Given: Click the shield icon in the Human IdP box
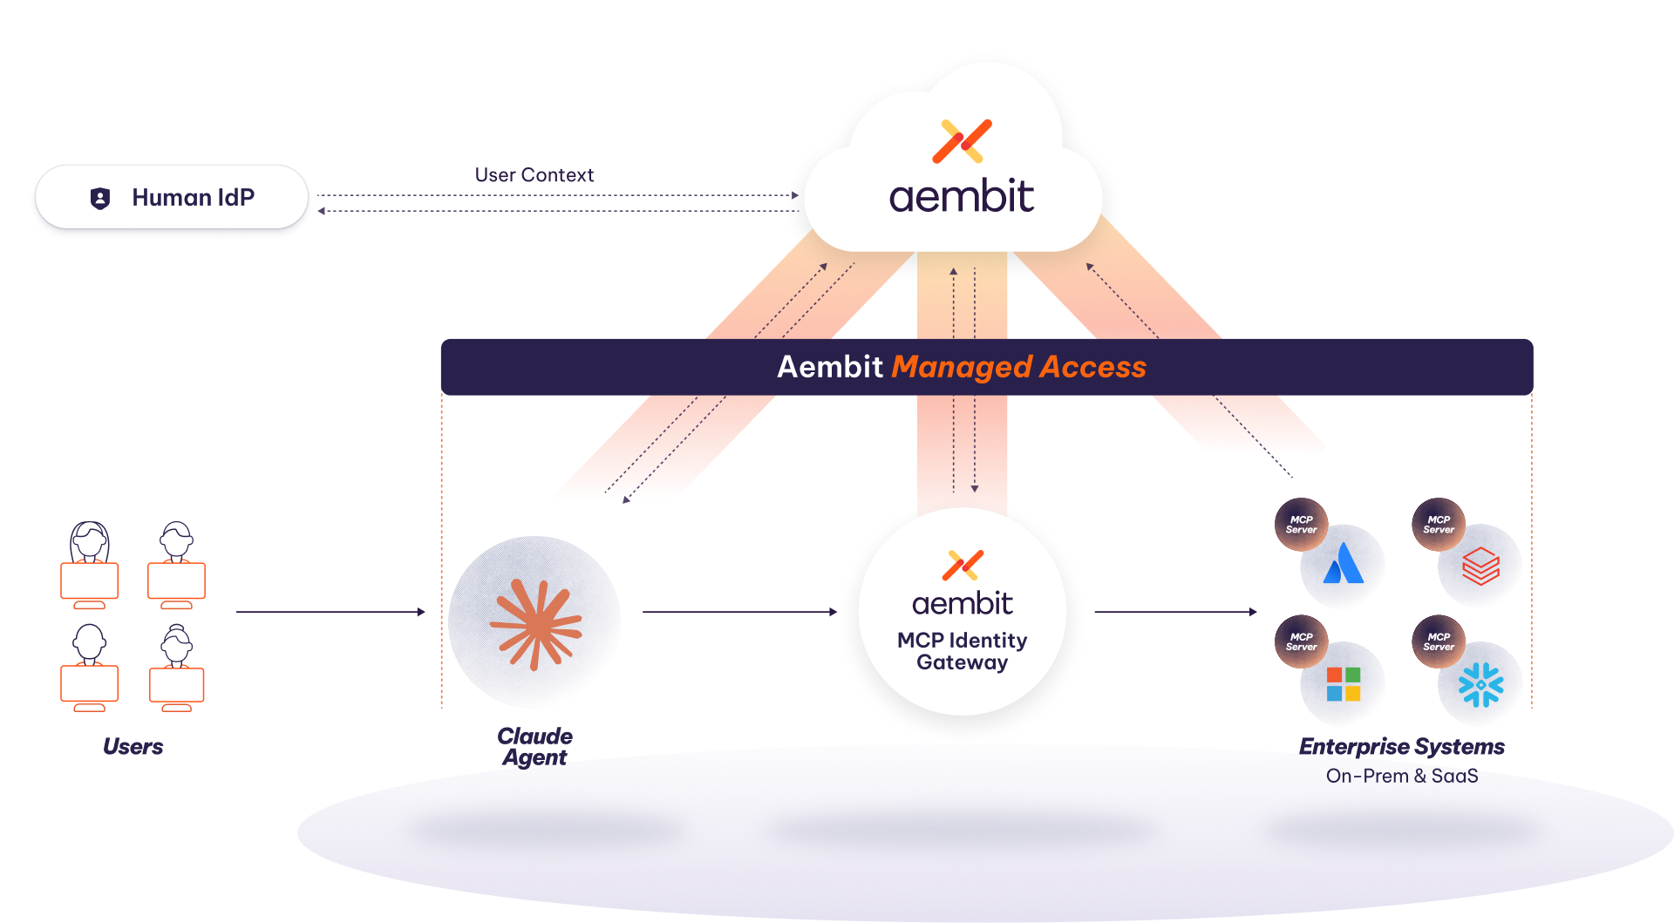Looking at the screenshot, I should (x=100, y=199).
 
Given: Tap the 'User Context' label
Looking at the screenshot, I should (x=534, y=175).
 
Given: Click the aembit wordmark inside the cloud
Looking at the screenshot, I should (x=961, y=197).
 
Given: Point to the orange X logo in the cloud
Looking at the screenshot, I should (x=962, y=141).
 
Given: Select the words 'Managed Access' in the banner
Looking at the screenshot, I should (x=1018, y=367).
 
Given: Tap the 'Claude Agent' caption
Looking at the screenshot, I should (x=534, y=747).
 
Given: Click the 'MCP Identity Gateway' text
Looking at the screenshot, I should (x=962, y=651).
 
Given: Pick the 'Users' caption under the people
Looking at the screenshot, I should (x=133, y=747).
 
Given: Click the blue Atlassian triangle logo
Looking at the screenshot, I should (x=1343, y=564).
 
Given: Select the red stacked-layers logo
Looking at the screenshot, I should (x=1480, y=566).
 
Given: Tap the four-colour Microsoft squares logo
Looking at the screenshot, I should (x=1343, y=684).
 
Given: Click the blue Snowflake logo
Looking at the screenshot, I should (x=1480, y=684).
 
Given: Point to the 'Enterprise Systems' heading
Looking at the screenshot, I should (x=1401, y=747).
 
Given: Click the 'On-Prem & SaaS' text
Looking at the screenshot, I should (x=1401, y=776).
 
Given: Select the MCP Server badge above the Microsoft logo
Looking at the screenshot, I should (x=1301, y=642).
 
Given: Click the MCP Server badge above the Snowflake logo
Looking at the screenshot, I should (x=1439, y=642).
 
